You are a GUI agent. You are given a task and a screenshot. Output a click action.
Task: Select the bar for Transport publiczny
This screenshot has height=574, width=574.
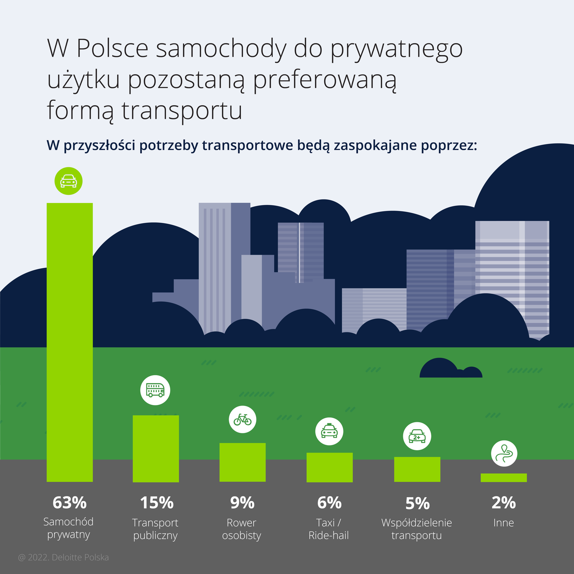(x=156, y=448)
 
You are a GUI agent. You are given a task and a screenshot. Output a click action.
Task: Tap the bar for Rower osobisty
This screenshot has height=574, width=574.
(x=243, y=462)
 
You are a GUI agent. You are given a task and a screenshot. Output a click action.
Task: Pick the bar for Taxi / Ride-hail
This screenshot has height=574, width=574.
(x=329, y=467)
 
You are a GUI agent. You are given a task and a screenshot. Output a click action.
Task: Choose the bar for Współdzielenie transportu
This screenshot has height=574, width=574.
(x=417, y=469)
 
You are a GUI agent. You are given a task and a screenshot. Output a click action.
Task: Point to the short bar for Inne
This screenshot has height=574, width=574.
(x=504, y=477)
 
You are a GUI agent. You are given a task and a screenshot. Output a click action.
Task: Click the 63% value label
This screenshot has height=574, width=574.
(x=70, y=503)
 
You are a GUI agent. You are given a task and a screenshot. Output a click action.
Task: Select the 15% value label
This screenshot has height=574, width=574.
(x=156, y=503)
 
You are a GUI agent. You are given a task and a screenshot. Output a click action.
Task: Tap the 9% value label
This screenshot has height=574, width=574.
(x=242, y=503)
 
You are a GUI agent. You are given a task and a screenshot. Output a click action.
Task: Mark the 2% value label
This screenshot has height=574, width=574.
(x=503, y=503)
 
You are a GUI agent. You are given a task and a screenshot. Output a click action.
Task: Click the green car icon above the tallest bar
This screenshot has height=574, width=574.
(x=69, y=181)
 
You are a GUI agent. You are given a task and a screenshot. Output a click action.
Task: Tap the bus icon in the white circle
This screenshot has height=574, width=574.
(x=155, y=390)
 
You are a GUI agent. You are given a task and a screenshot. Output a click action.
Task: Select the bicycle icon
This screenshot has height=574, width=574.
(x=243, y=419)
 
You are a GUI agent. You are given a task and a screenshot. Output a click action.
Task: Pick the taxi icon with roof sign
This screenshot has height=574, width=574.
(x=329, y=431)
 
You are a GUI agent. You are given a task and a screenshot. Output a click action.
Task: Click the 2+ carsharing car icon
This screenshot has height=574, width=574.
(x=417, y=436)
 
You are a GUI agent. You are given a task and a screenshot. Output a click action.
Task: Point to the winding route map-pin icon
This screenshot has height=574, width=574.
(x=504, y=453)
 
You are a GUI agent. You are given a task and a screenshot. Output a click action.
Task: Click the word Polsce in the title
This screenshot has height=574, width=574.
(x=112, y=48)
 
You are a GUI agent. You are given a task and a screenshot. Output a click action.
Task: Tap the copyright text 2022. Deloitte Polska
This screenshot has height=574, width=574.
(x=63, y=557)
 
